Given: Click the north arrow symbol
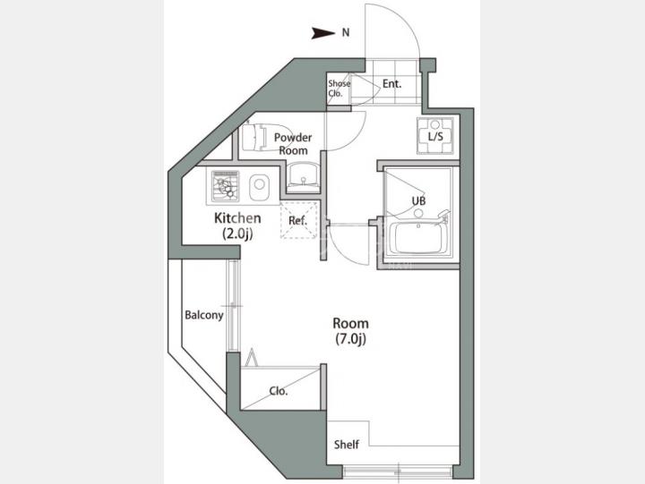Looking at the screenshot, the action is [322, 33].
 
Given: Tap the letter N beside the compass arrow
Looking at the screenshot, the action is [346, 32].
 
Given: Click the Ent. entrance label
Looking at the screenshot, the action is [391, 84].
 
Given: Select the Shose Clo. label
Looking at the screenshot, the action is [339, 88].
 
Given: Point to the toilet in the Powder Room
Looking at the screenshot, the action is [263, 137].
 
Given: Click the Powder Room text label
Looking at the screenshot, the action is [293, 144].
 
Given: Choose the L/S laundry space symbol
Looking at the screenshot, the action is [435, 136].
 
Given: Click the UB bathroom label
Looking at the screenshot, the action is [418, 201].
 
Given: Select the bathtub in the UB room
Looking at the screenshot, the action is [418, 239].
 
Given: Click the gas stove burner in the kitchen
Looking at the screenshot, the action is [225, 186].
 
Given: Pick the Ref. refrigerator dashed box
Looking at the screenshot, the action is [298, 220].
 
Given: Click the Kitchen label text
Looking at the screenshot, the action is [237, 217].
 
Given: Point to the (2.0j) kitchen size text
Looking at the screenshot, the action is [237, 234].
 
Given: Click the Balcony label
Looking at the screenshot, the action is [204, 316].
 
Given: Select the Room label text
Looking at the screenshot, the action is [350, 323].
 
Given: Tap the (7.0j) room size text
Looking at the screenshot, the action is [350, 339].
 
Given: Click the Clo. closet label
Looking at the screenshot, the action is [279, 391].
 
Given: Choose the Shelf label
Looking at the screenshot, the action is [347, 444].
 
